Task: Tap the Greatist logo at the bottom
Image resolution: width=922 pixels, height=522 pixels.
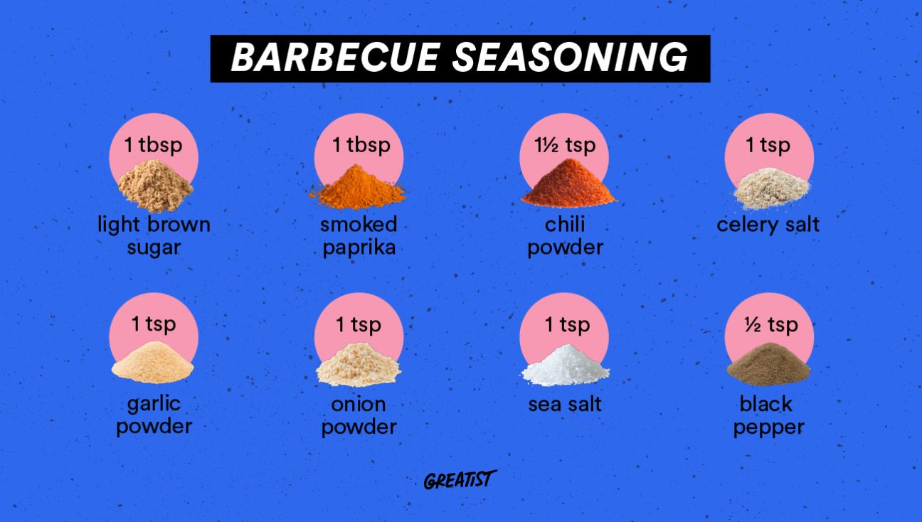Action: point(460,480)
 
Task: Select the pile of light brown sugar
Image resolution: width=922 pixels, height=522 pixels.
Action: point(154,186)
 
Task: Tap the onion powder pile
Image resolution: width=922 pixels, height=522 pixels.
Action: point(358,366)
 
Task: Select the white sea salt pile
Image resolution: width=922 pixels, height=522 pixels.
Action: point(566,366)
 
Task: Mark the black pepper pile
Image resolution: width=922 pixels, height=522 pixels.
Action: point(768,367)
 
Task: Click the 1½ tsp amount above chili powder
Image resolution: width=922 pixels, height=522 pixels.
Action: point(565,145)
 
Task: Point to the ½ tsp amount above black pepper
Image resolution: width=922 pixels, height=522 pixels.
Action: point(770,325)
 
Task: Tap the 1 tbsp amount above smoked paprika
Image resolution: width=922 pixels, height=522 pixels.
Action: point(361,145)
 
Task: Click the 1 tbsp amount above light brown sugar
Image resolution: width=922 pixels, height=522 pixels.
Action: point(154,145)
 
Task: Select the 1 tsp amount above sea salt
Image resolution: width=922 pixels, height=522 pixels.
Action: point(567,325)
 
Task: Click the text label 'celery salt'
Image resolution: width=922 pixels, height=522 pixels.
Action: point(768,225)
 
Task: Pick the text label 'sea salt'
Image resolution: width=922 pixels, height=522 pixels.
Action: point(565,404)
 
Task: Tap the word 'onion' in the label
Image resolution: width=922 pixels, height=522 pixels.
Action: point(359,404)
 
